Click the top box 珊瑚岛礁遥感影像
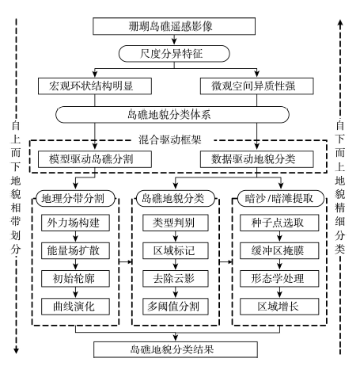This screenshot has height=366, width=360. pyautogui.click(x=174, y=26)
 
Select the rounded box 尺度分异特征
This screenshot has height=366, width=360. pyautogui.click(x=174, y=54)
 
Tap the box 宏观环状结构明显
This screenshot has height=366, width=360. pyautogui.click(x=95, y=86)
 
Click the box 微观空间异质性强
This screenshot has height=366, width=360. pyautogui.click(x=257, y=86)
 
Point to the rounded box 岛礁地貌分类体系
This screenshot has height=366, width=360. pyautogui.click(x=172, y=115)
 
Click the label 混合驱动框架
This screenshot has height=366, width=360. pyautogui.click(x=170, y=139)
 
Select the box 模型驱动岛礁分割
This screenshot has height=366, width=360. pyautogui.click(x=95, y=159)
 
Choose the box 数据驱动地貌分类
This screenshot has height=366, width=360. pyautogui.click(x=257, y=159)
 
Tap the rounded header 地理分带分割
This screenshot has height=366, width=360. pyautogui.click(x=76, y=198)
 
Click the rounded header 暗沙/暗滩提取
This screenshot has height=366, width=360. pyautogui.click(x=281, y=198)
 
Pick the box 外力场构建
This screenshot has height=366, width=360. pyautogui.click(x=75, y=223)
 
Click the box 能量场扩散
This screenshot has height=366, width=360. pyautogui.click(x=75, y=250)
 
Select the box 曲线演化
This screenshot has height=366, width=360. pyautogui.click(x=75, y=307)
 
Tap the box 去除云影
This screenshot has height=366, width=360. pyautogui.click(x=176, y=279)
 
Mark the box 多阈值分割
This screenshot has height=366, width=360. pyautogui.click(x=176, y=307)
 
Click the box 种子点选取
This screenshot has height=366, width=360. pyautogui.click(x=279, y=223)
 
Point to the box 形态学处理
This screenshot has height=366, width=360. pyautogui.click(x=279, y=279)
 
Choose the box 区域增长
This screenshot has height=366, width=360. pyautogui.click(x=279, y=307)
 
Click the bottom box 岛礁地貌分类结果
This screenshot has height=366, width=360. pyautogui.click(x=176, y=349)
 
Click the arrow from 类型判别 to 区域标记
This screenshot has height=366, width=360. pyautogui.click(x=176, y=237)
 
